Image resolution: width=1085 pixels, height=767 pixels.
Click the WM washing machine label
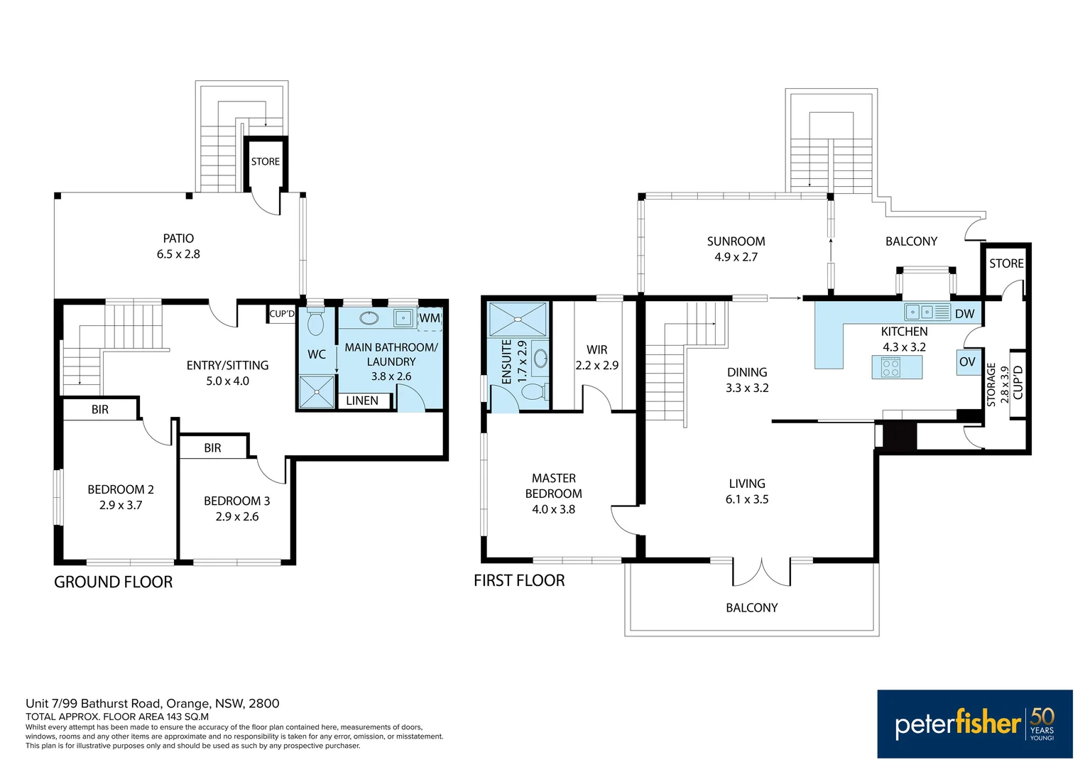430,318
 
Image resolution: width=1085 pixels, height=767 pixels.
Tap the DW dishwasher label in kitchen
964,314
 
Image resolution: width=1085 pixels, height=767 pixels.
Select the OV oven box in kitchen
967,361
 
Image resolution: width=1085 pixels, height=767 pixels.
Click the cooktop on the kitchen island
890,367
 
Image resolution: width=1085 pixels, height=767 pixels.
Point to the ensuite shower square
518,320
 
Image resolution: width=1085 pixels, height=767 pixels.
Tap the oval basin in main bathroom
369,317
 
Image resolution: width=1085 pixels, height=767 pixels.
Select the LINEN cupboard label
362,401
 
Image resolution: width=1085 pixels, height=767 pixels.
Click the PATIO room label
178,239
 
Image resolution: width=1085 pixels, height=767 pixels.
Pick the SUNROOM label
736,241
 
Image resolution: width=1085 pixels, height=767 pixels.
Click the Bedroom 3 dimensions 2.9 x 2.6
237,516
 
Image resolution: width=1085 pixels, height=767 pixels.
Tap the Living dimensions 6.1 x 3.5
747,499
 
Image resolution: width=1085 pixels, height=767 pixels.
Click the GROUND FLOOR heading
114,582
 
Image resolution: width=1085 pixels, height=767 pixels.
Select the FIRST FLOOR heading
519,581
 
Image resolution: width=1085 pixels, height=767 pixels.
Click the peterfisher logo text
957,724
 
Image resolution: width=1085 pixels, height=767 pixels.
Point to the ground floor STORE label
266,162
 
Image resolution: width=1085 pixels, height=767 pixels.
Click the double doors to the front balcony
761,572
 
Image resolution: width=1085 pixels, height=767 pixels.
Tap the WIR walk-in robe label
596,349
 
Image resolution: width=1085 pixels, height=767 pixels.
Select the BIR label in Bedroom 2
100,410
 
